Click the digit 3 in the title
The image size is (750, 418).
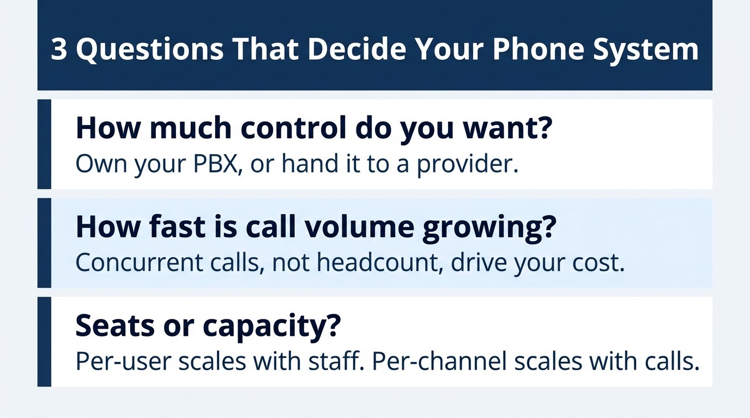[59, 50]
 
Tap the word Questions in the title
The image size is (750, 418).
[150, 50]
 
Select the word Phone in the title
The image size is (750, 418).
[538, 49]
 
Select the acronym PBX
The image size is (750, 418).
[217, 163]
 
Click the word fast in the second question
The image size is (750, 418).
[177, 226]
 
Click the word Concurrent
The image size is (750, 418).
[139, 262]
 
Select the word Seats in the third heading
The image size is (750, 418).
[115, 325]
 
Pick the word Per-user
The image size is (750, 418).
[124, 362]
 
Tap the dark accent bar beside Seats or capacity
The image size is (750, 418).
[44, 342]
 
